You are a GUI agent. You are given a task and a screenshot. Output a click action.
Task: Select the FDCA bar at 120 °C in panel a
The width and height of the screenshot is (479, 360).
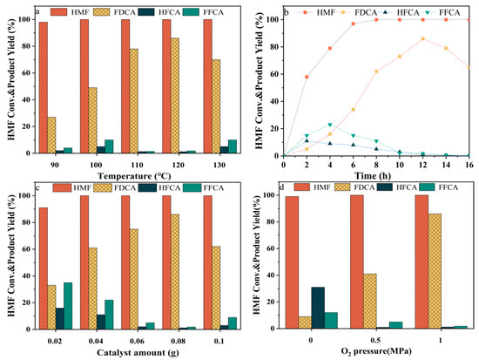pos(175,96)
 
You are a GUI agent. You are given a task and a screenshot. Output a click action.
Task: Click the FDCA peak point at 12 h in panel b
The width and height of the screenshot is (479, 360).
pos(423,39)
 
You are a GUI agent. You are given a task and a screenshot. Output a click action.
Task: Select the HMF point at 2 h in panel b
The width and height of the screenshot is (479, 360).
pos(307,77)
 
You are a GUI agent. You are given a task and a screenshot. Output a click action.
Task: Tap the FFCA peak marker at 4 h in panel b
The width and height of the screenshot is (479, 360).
pos(331,125)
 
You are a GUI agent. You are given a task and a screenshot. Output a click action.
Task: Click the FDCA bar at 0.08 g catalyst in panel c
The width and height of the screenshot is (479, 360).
pos(175,272)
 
